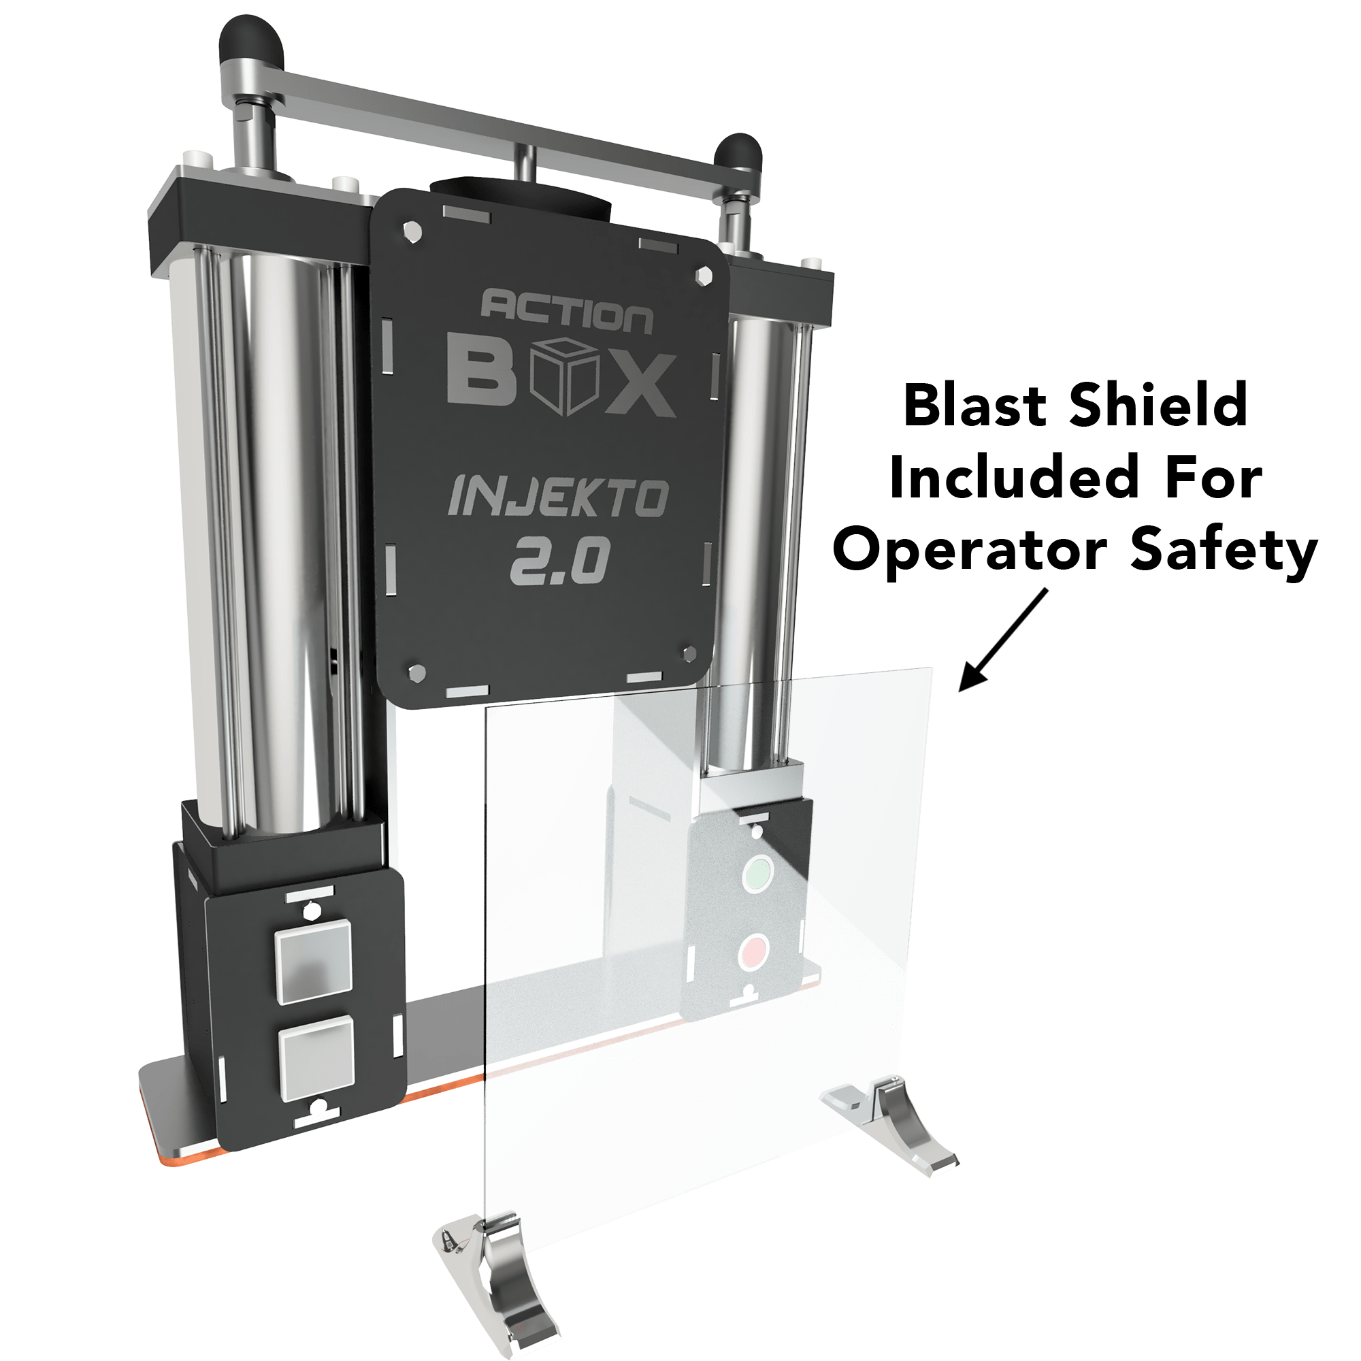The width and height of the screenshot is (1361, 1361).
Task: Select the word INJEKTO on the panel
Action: pos(557,497)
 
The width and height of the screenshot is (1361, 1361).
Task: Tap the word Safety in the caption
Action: pos(1224,553)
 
